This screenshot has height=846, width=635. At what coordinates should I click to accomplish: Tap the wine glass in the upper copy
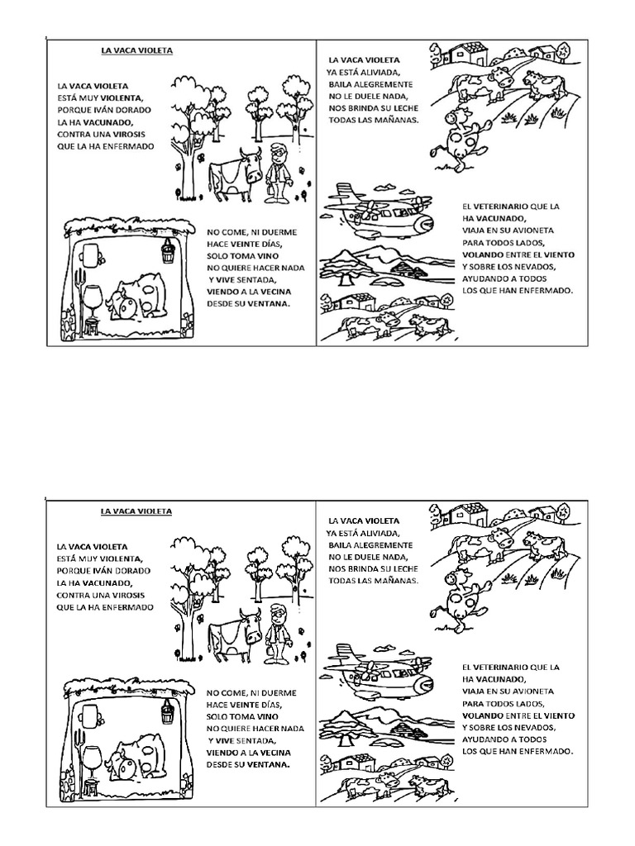click(93, 294)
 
